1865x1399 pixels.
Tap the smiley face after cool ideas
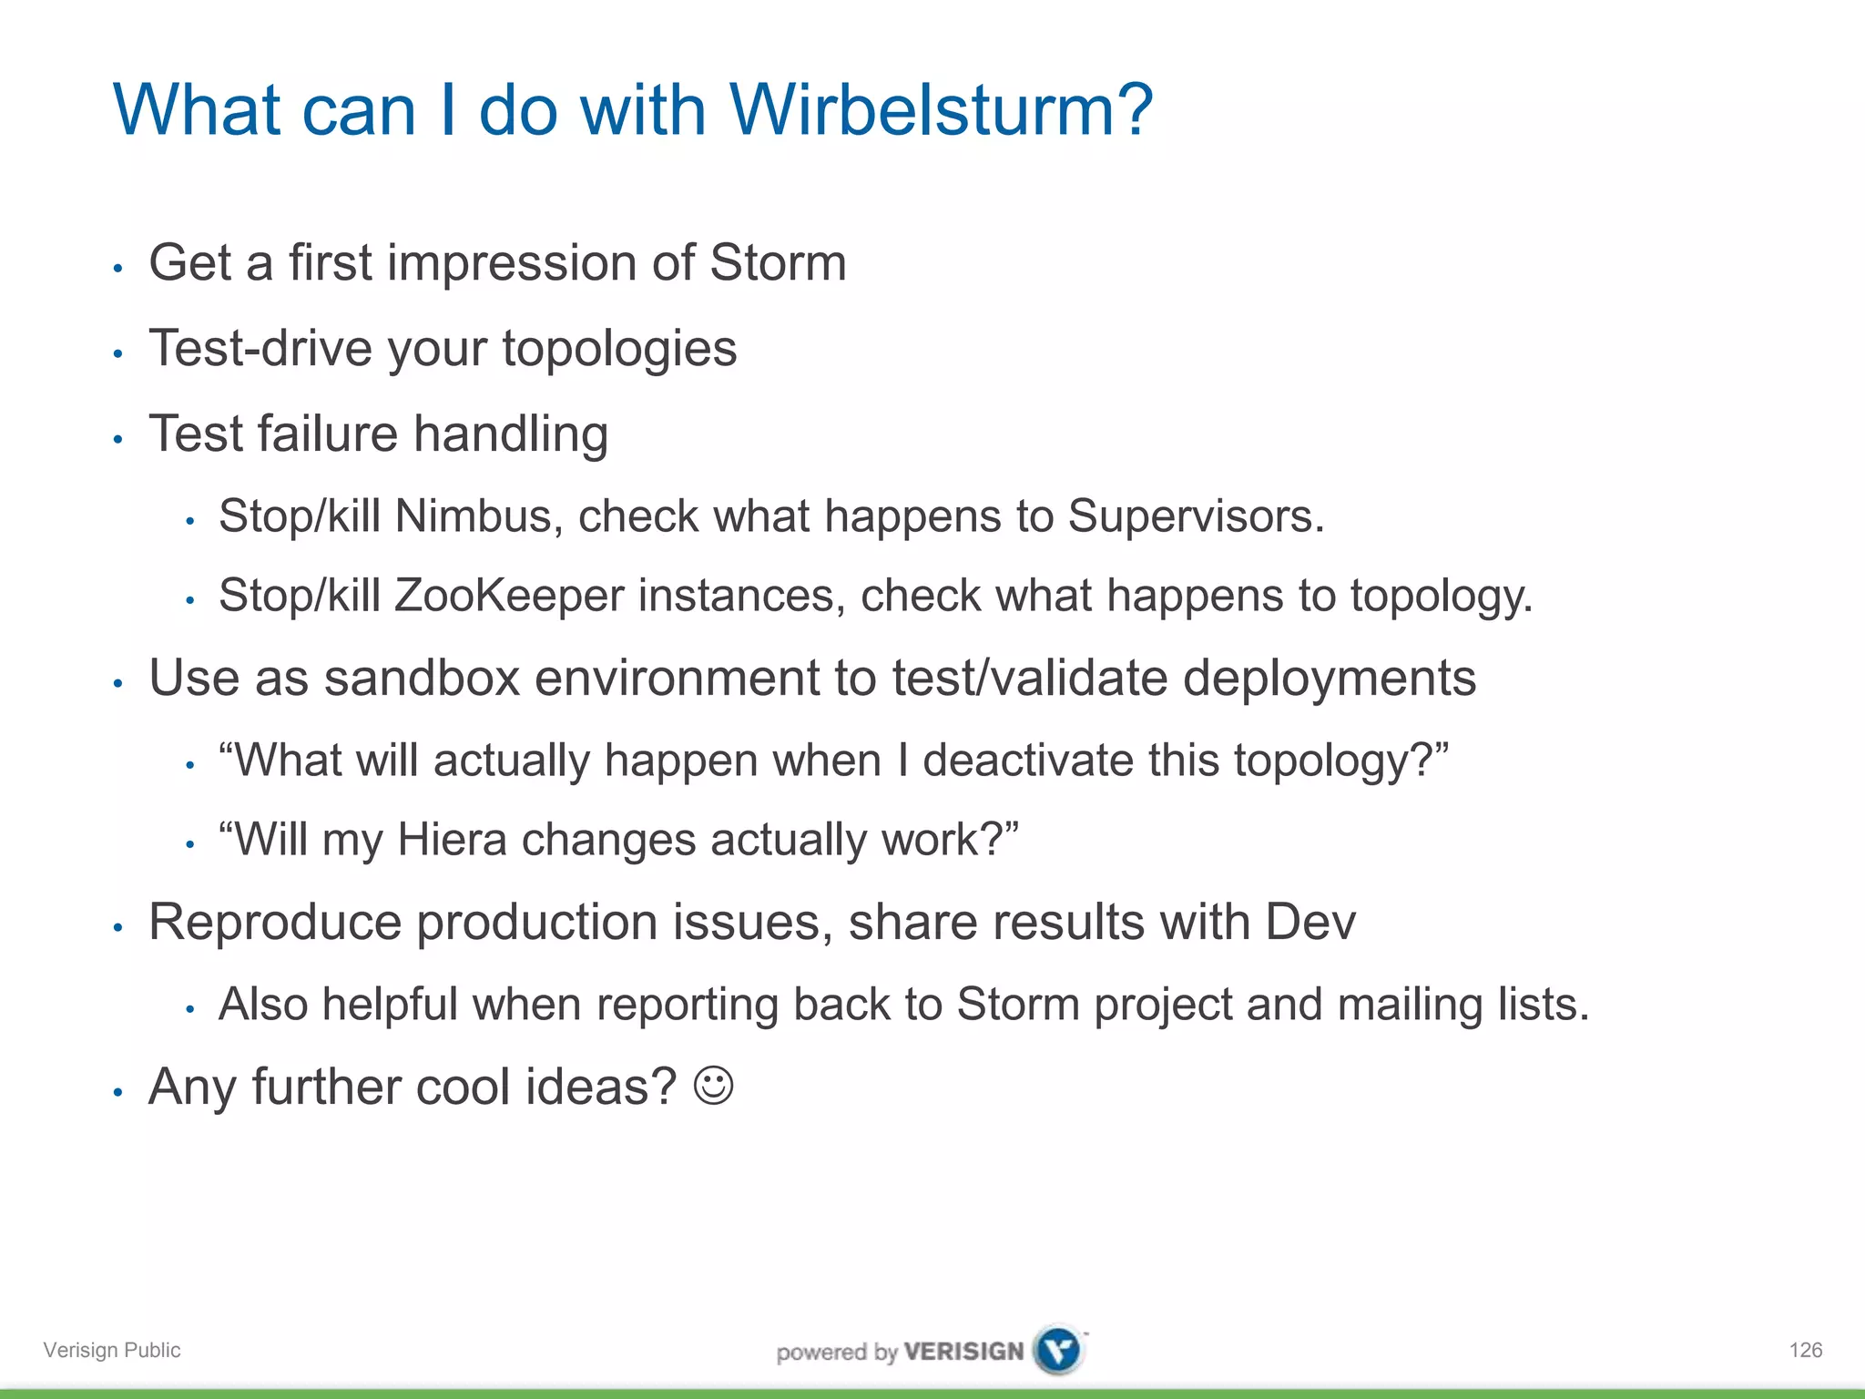(713, 1086)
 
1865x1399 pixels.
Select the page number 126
(1805, 1350)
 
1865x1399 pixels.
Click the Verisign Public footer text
(112, 1350)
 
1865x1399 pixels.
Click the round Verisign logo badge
(1059, 1349)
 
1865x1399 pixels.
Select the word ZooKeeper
(510, 596)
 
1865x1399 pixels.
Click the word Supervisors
(1195, 516)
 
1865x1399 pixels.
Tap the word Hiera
(452, 839)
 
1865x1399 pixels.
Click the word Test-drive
(260, 349)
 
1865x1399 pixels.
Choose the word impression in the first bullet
(511, 264)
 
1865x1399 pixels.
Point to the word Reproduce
(274, 922)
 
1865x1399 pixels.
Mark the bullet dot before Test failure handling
(117, 440)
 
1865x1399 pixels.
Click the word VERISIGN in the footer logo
(963, 1351)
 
